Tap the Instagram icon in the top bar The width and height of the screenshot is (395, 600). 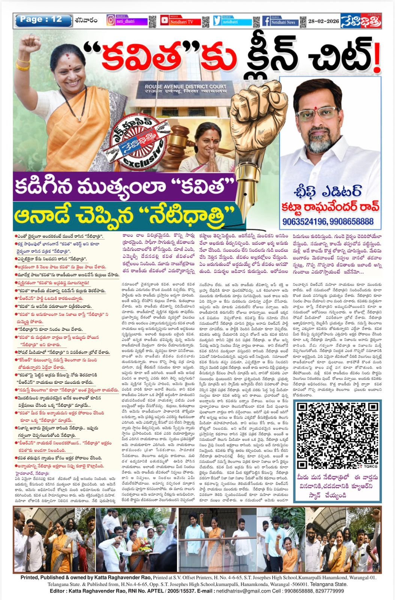coord(111,20)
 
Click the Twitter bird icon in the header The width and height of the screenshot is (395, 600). coord(217,21)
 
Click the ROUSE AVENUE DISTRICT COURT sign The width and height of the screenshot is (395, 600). coord(187,89)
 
